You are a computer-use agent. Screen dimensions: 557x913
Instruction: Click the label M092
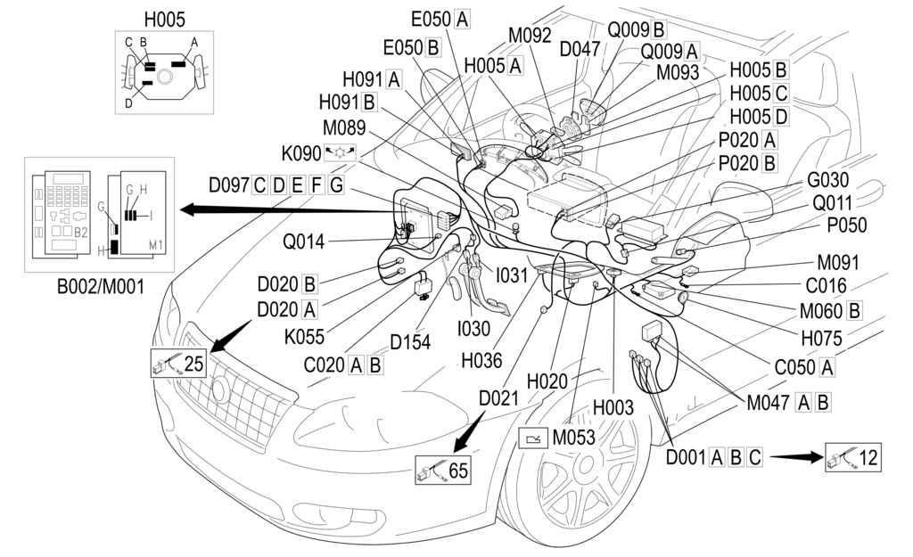[531, 36]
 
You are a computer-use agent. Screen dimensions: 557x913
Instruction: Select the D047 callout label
[580, 49]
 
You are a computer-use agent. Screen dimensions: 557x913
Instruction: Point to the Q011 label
[832, 203]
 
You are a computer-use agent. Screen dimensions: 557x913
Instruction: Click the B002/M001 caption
[92, 286]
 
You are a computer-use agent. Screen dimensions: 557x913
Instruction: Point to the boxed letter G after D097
[336, 185]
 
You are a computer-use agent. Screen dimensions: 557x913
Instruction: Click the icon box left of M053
[533, 438]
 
